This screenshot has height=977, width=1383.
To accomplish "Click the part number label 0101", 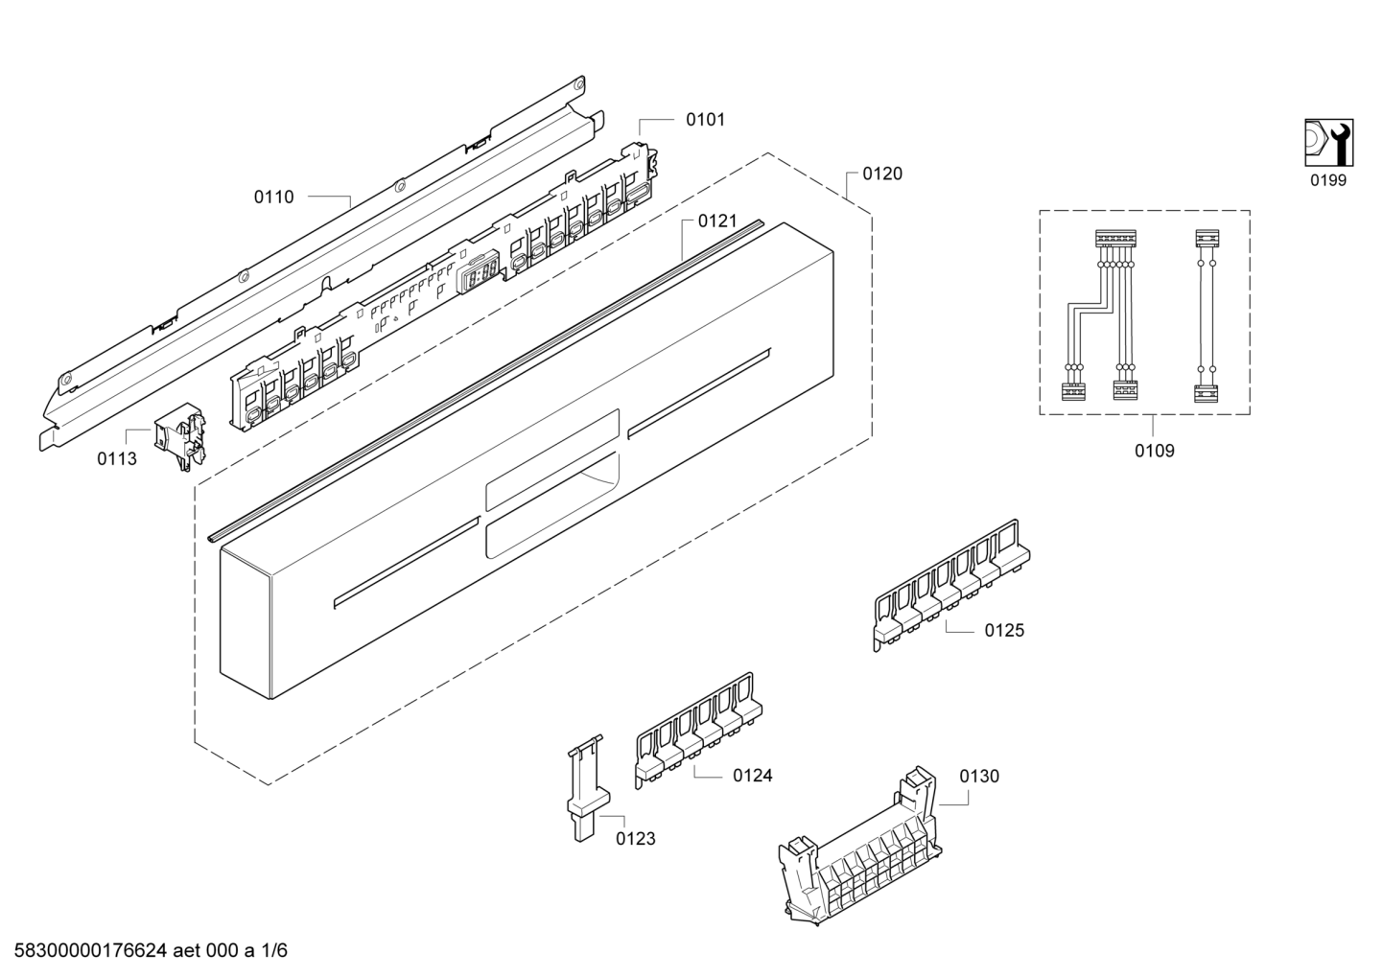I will coord(705,120).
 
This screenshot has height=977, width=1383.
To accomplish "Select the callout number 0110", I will coord(273,198).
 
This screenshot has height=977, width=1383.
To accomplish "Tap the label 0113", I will coord(117,459).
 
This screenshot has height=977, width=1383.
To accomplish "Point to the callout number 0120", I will coord(882,174).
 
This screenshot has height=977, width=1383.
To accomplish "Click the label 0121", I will coord(717,221).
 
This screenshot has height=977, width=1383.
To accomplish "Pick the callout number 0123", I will coord(636,839).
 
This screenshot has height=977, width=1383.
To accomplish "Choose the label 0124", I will coord(753,776).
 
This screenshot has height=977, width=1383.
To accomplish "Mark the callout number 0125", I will coord(1004,630).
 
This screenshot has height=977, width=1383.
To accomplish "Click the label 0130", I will coord(979,776).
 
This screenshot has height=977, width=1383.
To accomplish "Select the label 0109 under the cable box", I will coord(1155,451).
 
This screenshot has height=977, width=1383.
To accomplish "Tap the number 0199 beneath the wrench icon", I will coord(1328,180).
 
